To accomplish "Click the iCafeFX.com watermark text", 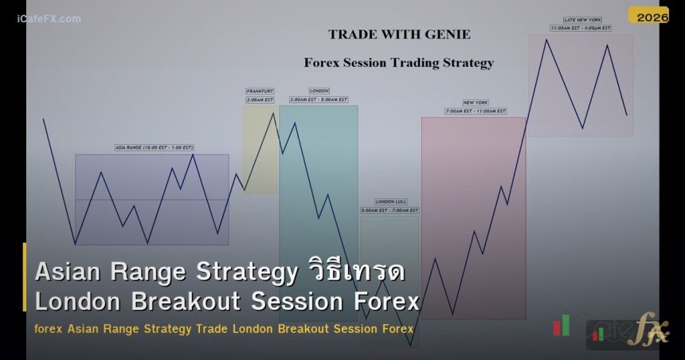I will (49, 18).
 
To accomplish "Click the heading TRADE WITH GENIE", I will (399, 34).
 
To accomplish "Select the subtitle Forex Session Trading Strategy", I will (399, 63).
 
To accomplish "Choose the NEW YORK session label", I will (475, 103).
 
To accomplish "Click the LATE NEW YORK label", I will (581, 20).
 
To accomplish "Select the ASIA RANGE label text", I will (154, 147).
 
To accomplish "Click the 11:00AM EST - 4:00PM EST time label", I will (581, 28).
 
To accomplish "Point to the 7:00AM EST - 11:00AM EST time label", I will (475, 112).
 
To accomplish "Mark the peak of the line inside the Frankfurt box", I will (273, 112).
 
